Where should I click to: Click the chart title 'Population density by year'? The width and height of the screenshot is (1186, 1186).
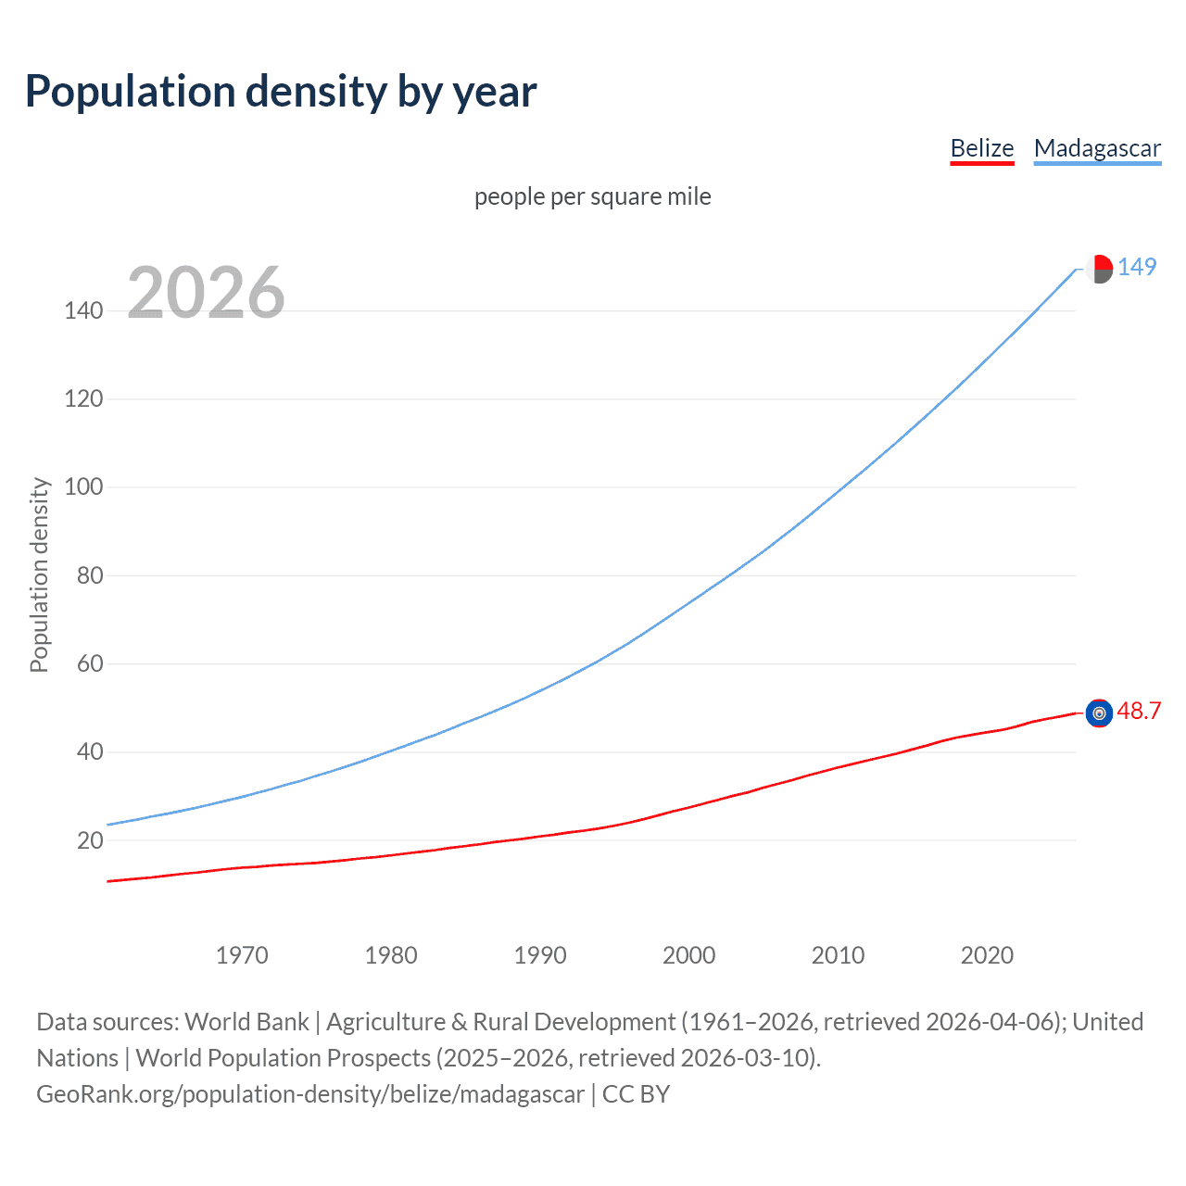281,92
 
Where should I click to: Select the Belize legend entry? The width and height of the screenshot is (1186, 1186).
981,149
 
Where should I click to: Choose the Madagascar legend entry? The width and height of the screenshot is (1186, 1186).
1097,149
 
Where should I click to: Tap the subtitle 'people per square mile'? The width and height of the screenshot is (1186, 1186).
592,197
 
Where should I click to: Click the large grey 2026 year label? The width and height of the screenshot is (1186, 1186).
206,293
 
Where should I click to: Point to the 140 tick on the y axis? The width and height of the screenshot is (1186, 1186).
83,310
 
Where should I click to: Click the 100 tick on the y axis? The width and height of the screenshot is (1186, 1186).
83,487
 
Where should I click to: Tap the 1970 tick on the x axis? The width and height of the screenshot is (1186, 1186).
242,955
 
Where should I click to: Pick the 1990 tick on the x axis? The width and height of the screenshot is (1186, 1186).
540,955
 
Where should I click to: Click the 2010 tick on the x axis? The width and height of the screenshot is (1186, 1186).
838,955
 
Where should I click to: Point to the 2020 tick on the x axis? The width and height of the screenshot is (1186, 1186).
987,955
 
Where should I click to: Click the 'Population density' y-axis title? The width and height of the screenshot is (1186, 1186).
39,574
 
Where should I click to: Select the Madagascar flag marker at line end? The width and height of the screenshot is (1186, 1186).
1099,269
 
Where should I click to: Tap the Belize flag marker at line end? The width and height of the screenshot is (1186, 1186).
1099,713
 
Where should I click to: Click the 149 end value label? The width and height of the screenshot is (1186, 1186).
1137,267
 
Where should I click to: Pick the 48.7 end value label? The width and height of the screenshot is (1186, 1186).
1139,711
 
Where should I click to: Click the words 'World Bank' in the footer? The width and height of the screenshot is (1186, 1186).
246,1022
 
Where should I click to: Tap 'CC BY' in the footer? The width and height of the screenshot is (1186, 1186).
636,1094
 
